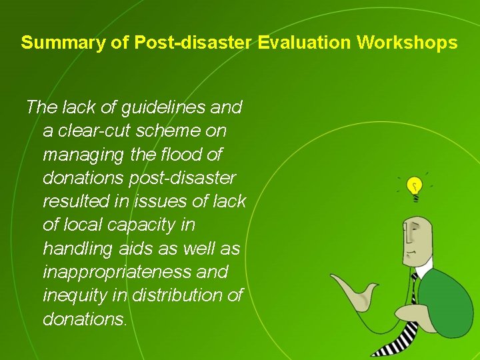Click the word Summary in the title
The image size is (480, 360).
click(x=55, y=43)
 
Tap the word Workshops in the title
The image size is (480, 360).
click(x=407, y=43)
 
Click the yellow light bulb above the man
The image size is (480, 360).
click(x=414, y=186)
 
